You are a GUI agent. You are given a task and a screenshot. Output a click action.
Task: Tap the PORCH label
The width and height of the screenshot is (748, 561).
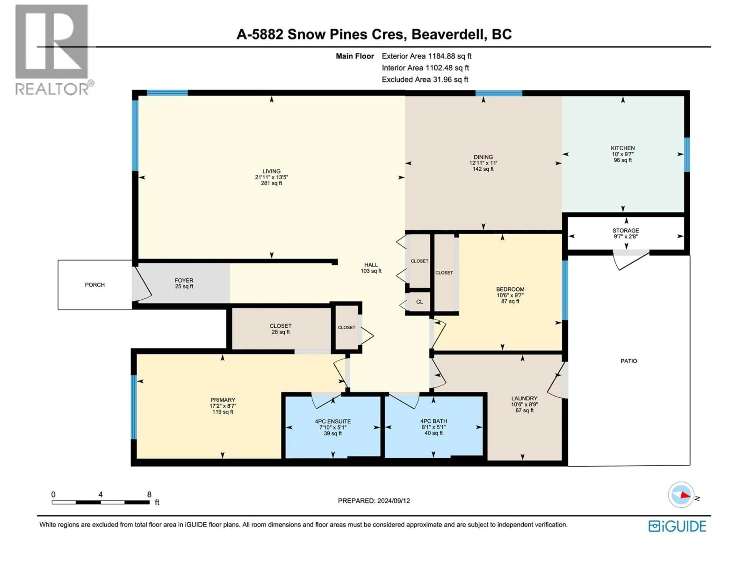95,285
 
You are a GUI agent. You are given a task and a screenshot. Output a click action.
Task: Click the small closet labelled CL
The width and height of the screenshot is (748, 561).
419,302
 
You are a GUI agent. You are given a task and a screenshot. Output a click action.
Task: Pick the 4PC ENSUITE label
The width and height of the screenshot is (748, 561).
333,421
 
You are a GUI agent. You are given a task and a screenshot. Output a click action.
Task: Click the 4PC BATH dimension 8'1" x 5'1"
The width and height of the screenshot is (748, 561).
434,427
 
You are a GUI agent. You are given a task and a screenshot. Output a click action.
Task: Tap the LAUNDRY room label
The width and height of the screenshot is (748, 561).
524,398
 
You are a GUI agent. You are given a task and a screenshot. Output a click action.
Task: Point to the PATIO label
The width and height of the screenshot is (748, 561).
629,361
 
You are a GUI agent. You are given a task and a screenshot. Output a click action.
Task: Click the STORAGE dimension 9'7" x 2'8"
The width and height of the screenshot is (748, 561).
626,236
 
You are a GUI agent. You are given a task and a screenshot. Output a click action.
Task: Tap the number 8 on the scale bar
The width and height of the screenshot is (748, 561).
149,494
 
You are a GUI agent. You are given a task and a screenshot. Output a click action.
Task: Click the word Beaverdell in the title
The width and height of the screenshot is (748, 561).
447,34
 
